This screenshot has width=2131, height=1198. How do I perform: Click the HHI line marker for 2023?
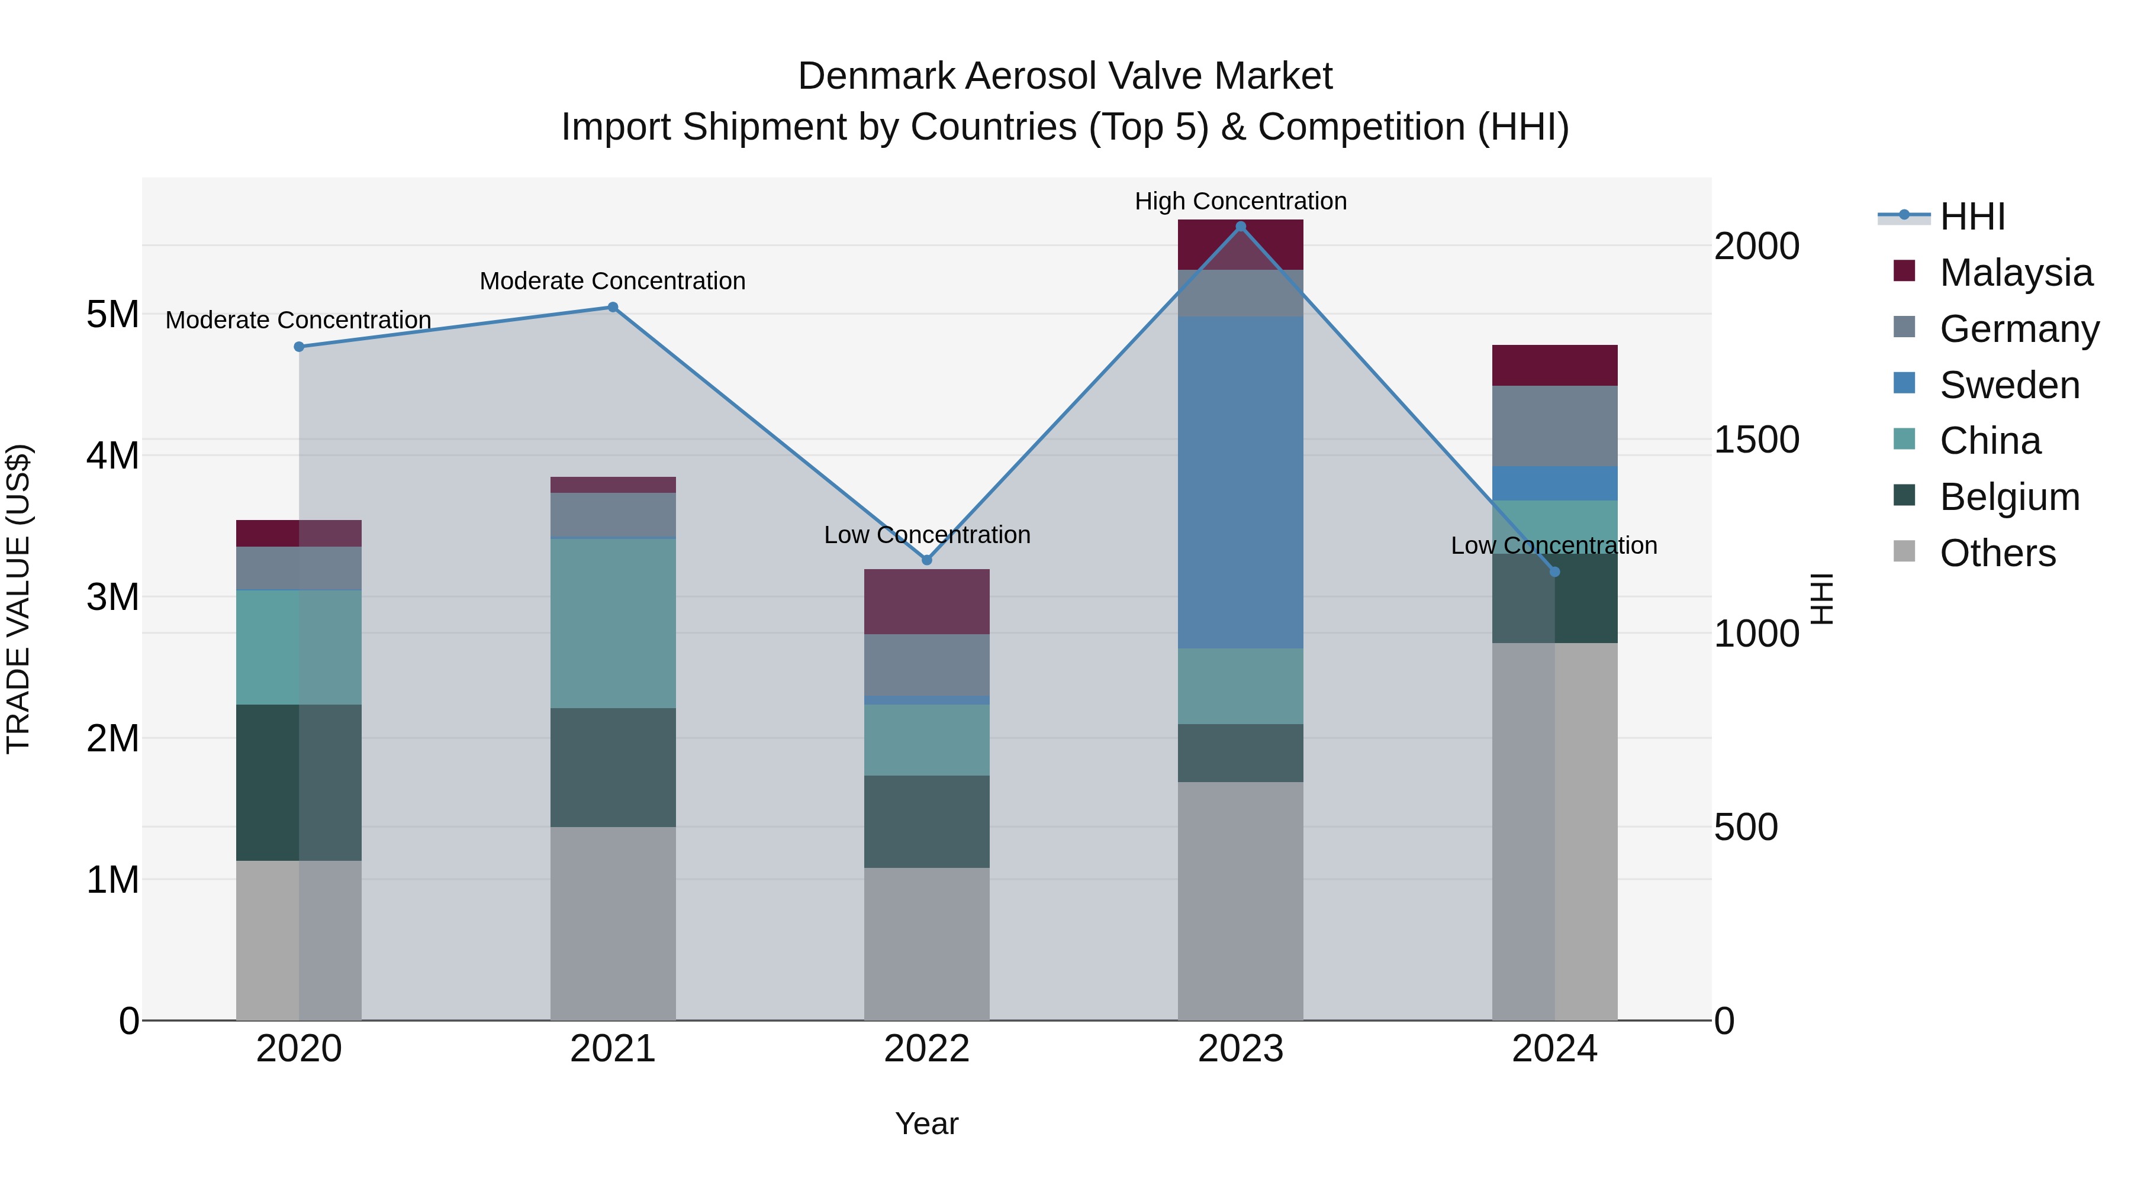point(1240,227)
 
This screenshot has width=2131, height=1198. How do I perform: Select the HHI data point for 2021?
point(613,308)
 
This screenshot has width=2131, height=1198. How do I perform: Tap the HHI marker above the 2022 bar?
point(926,561)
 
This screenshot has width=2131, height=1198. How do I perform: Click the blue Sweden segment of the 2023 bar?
point(1240,482)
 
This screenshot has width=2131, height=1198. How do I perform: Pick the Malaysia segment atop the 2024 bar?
point(1554,366)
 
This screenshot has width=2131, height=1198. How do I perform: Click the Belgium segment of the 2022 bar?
point(926,821)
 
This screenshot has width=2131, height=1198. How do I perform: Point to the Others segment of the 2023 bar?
point(1240,900)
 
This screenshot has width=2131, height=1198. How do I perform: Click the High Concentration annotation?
point(1240,202)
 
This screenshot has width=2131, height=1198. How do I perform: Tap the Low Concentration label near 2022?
point(926,535)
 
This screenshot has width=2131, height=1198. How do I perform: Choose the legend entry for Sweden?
point(2008,385)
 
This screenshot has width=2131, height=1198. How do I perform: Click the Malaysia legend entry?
point(2015,273)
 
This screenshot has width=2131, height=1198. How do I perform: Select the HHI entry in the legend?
point(1971,217)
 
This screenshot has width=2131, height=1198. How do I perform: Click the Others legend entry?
point(1997,553)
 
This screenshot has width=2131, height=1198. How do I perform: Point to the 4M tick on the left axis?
point(112,456)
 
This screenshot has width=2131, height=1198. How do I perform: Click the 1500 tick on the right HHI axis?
point(1756,440)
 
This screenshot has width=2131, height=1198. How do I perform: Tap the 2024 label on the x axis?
point(1554,1049)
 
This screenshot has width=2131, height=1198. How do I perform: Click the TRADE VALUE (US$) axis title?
point(19,599)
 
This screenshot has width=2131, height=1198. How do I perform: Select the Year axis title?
point(926,1123)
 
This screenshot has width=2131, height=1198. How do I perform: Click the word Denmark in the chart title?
point(876,76)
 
